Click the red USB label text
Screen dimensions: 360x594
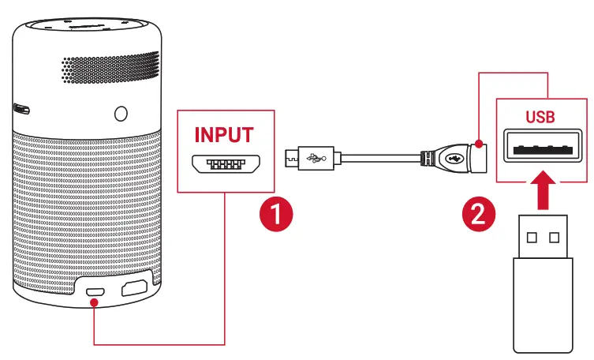click(540, 117)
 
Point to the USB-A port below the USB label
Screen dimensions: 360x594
click(540, 148)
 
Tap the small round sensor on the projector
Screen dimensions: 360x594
click(120, 113)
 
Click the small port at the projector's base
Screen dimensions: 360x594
click(95, 291)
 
